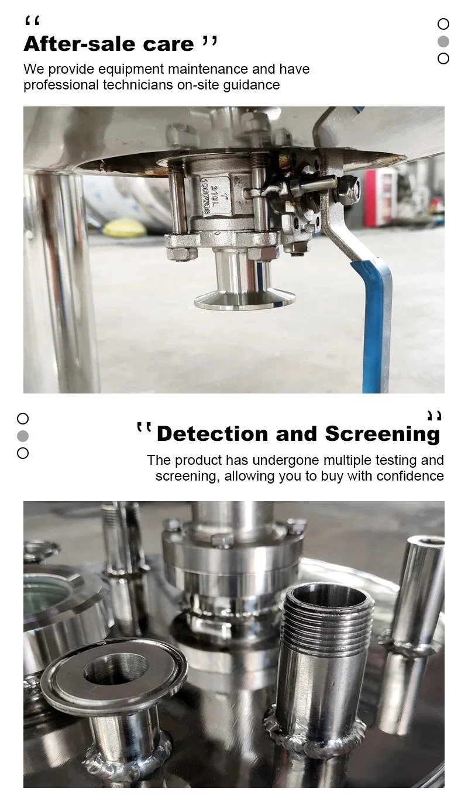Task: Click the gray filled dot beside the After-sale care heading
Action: point(443,42)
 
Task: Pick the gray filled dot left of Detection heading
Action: point(23,436)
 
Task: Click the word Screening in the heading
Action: point(382,434)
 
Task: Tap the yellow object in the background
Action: point(125,228)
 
